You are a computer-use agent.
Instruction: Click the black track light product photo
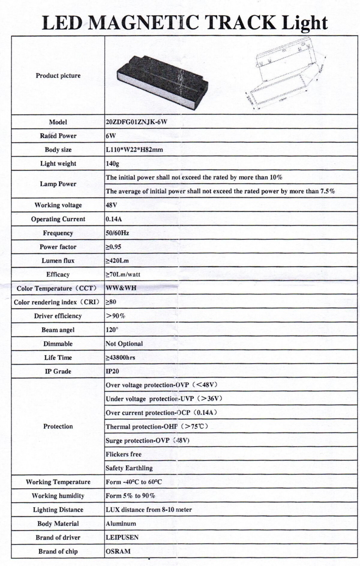coord(162,79)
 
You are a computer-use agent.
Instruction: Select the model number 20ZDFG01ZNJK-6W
coord(136,122)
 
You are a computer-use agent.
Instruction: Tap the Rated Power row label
coord(58,136)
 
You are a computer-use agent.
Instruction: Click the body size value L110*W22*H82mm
coord(134,150)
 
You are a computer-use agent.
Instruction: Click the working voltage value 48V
coord(111,205)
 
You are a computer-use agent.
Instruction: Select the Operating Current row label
coord(58,219)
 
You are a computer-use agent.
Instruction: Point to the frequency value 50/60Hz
coord(117,233)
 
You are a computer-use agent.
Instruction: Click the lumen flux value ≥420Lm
coord(117,261)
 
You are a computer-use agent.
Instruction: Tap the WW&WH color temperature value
coord(121,288)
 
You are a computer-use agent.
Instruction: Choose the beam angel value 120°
coord(112,330)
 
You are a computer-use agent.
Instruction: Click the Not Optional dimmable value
coord(124,344)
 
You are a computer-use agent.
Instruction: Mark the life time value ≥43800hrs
coord(120,358)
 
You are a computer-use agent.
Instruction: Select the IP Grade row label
coord(58,371)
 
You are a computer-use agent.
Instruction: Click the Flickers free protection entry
coord(123,454)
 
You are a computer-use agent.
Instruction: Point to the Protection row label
coord(58,426)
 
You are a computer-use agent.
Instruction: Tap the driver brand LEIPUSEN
coord(122,537)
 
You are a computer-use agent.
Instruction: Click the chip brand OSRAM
coord(118,551)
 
